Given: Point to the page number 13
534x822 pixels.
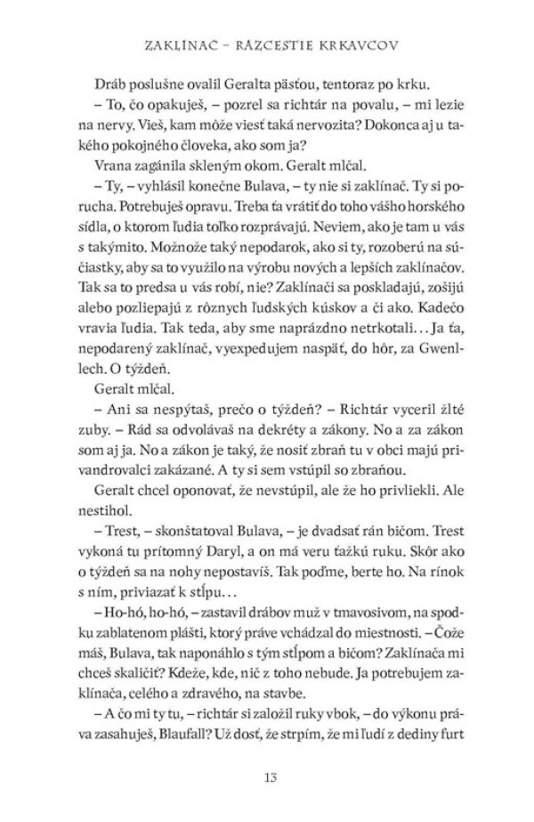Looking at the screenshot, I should pos(266,780).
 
